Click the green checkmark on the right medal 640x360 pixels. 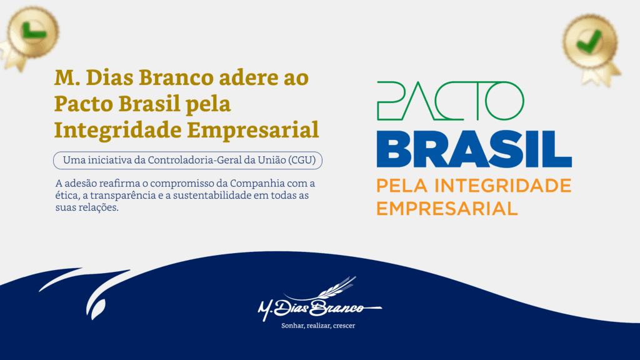(589, 41)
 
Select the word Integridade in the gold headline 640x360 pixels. (118, 130)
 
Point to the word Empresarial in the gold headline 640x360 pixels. (253, 130)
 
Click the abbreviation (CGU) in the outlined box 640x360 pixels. (302, 160)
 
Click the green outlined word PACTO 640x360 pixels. (450, 101)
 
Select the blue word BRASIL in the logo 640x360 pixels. (474, 149)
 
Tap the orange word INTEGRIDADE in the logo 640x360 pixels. (502, 186)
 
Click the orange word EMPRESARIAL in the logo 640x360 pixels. (447, 209)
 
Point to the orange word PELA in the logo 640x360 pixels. (402, 186)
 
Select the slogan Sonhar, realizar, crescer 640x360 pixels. (318, 326)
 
